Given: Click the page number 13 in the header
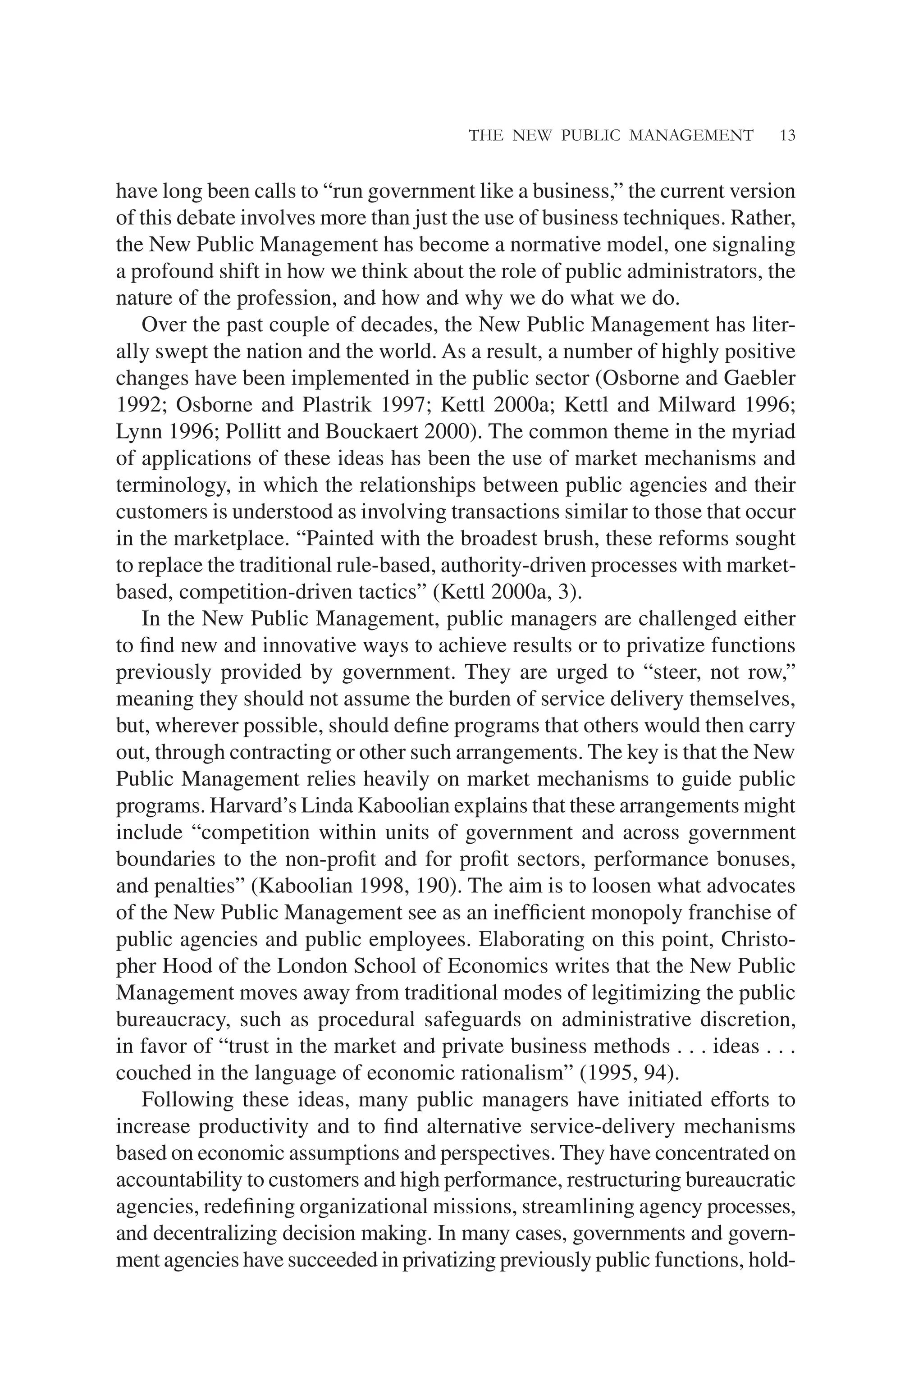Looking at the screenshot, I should (787, 136).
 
